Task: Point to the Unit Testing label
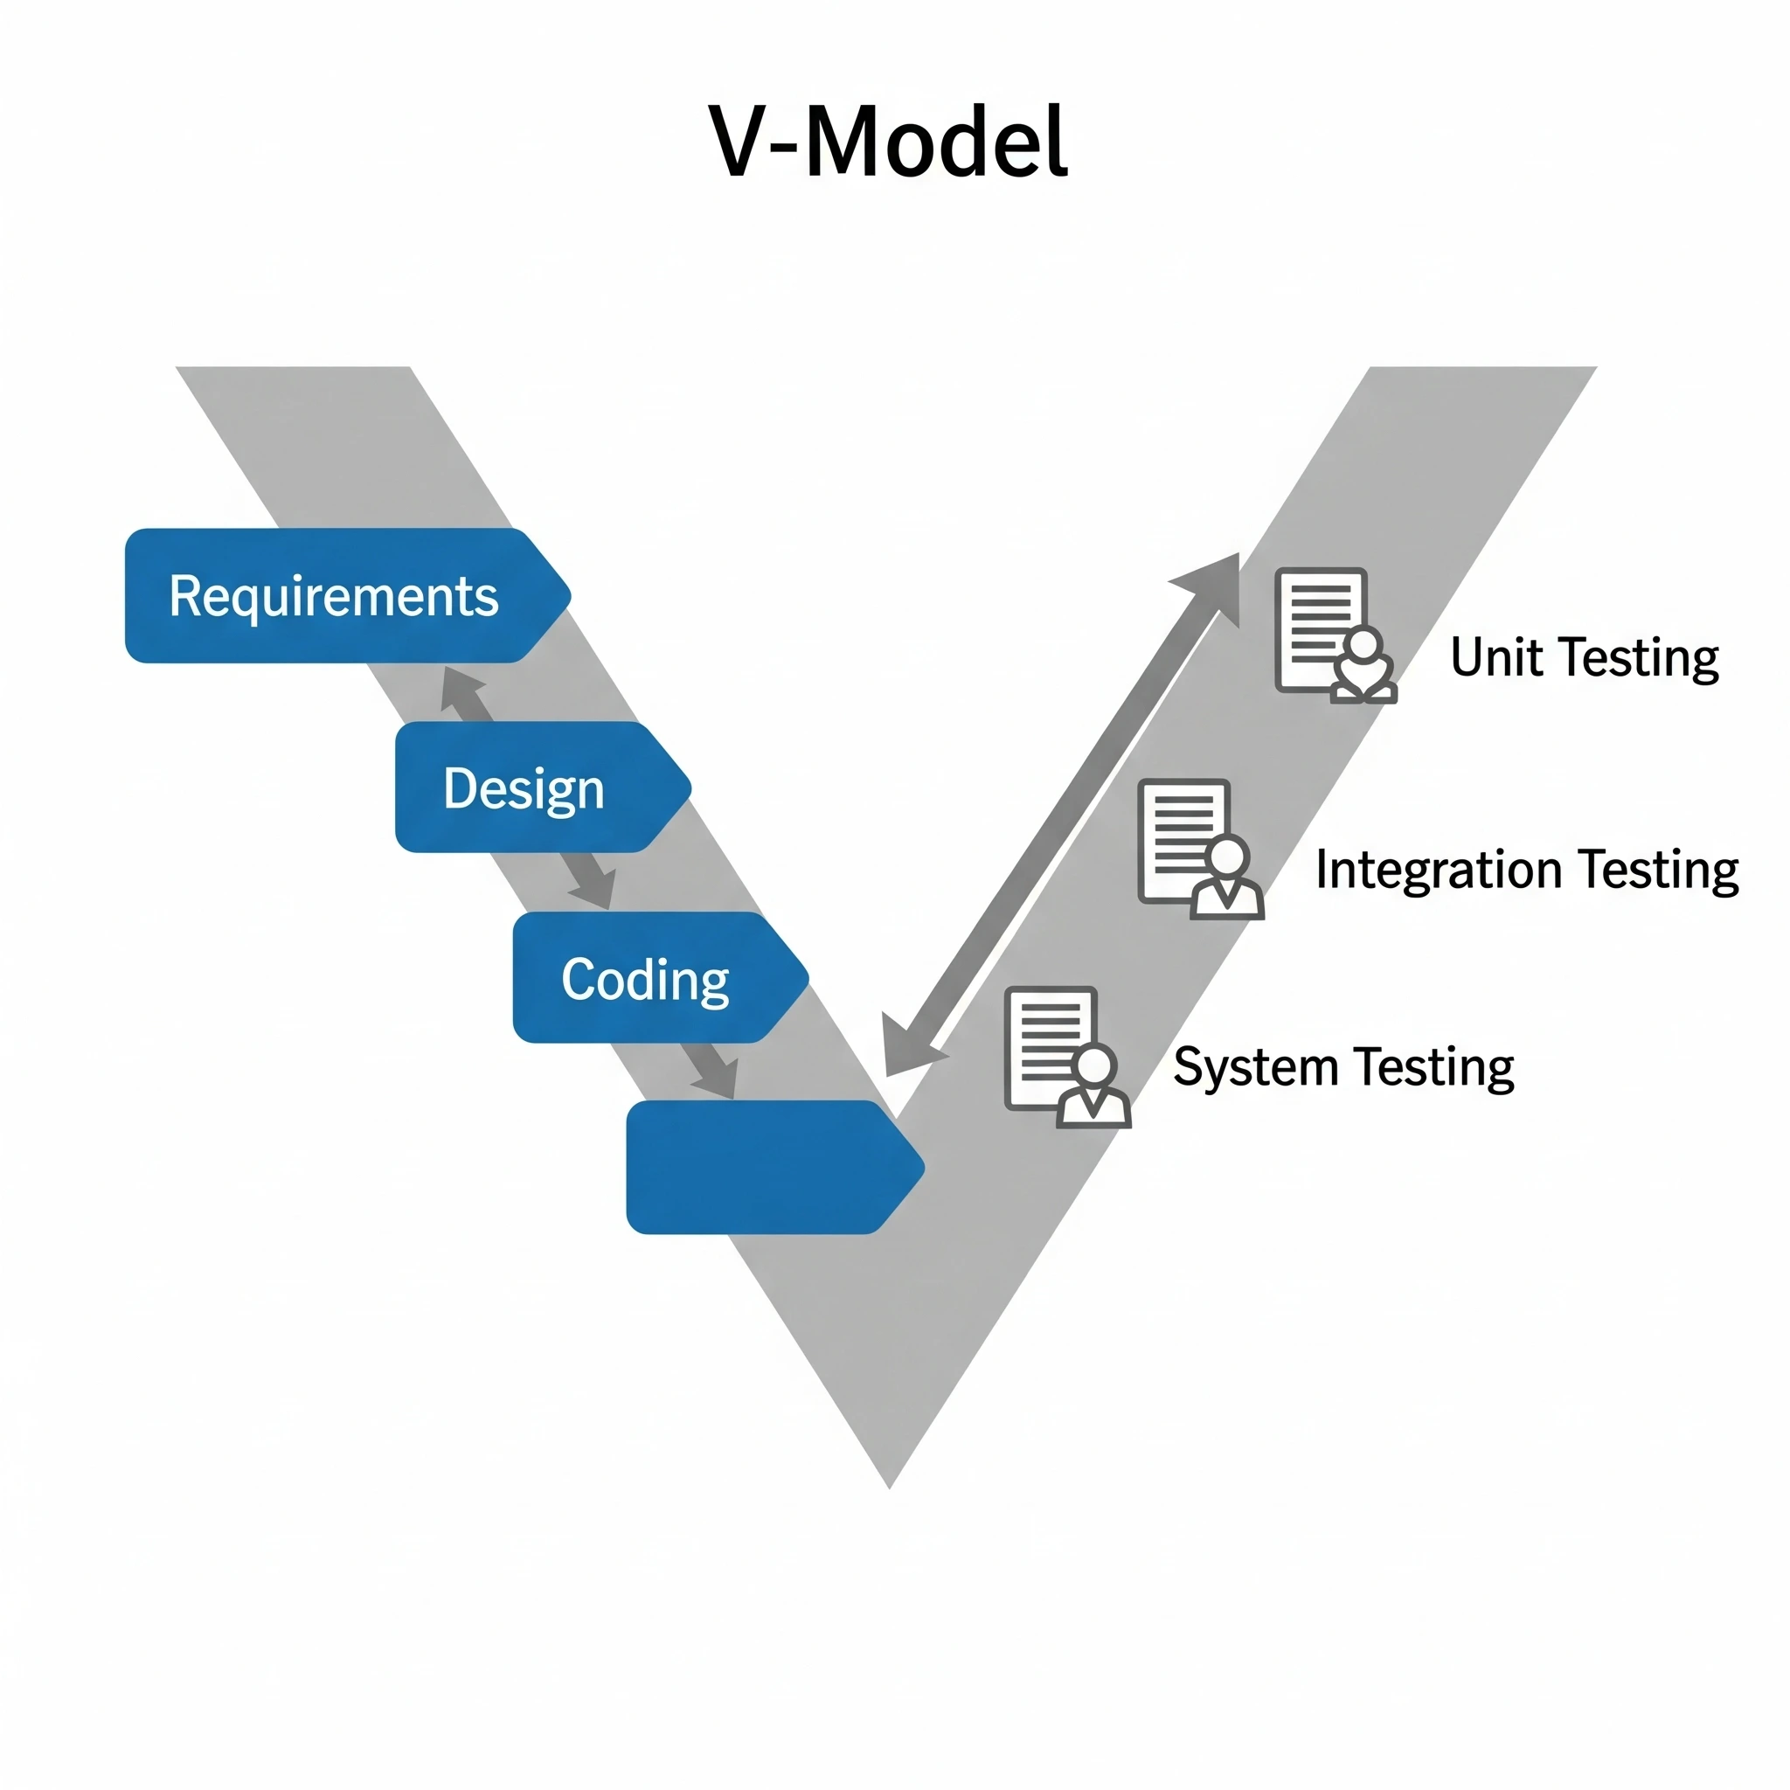[1584, 659]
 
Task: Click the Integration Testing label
[1526, 870]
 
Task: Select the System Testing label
[1342, 1067]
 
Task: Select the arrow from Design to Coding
[589, 881]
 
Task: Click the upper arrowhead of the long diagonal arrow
[1214, 584]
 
